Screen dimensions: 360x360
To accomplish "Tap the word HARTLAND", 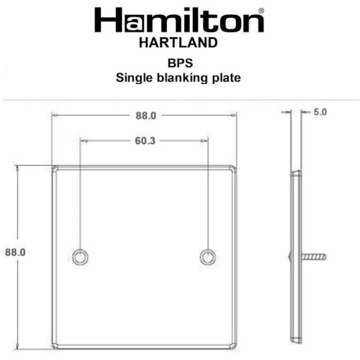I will [179, 43].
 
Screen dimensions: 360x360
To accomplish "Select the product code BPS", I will [178, 64].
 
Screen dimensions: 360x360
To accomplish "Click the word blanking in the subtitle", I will [178, 77].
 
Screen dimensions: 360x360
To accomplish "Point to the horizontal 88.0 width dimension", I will [146, 116].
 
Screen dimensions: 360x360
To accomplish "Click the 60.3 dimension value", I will [145, 141].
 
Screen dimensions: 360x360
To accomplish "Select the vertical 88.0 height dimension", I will [15, 252].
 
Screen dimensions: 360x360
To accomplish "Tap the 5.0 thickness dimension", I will [320, 112].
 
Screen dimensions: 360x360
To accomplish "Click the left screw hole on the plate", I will [80, 256].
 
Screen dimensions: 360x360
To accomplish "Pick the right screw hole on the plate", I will [208, 256].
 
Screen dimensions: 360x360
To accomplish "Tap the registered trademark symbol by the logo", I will [261, 10].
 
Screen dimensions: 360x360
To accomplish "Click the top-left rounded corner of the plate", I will [55, 168].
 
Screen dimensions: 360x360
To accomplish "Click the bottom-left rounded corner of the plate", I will [55, 345].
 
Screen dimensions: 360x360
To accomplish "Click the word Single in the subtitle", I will [132, 77].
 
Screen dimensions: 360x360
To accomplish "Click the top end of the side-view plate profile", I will [296, 173].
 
